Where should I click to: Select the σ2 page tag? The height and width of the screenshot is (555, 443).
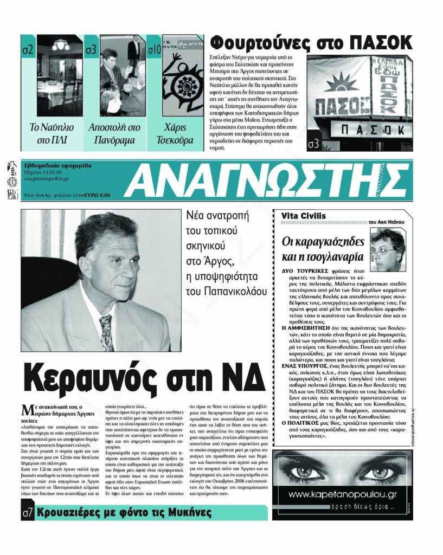click(x=28, y=50)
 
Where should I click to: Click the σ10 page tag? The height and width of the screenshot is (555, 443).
click(x=155, y=50)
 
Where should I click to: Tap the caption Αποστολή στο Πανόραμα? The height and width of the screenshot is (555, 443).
click(x=114, y=134)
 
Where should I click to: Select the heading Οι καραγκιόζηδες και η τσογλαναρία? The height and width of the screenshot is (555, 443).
click(x=324, y=248)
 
